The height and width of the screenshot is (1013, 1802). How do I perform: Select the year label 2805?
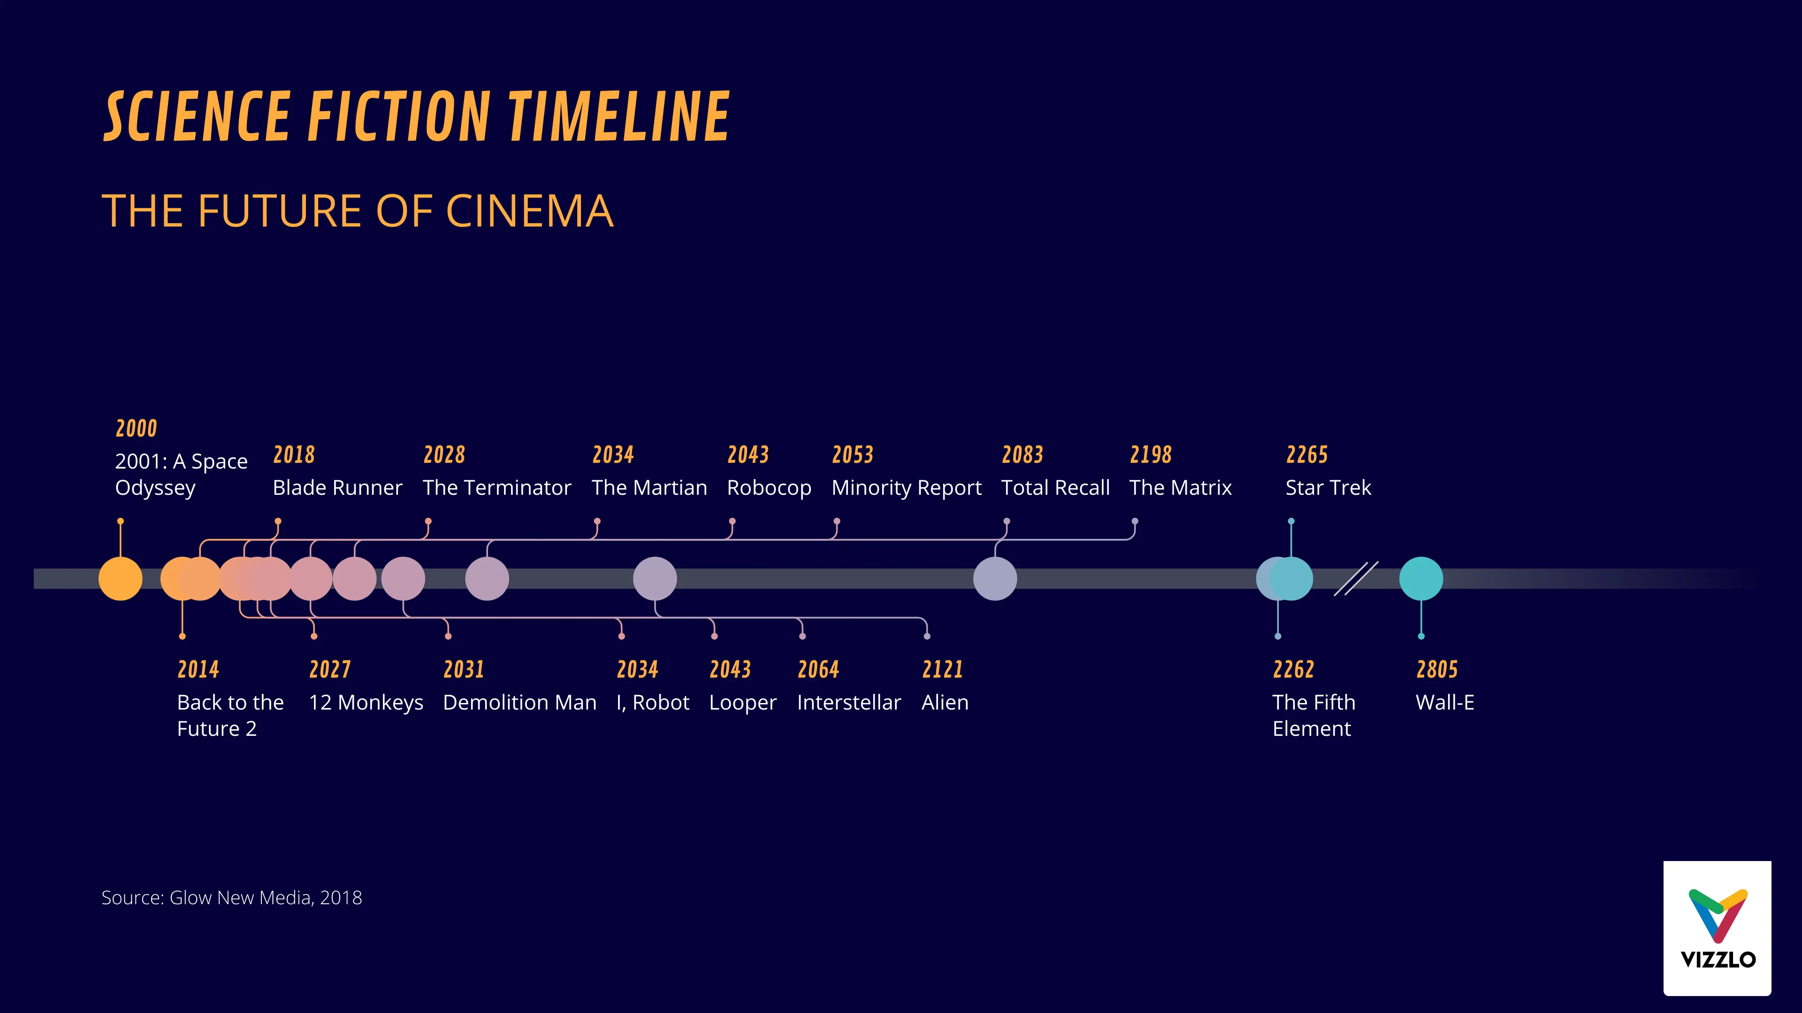pyautogui.click(x=1437, y=670)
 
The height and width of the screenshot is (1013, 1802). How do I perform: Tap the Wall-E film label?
pyautogui.click(x=1444, y=702)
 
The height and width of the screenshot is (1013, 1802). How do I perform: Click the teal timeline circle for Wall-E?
pyautogui.click(x=1421, y=579)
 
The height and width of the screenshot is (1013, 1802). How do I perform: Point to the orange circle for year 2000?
pyautogui.click(x=120, y=579)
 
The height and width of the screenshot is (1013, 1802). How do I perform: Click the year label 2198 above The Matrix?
pyautogui.click(x=1150, y=455)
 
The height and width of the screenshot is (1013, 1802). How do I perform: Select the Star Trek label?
pyautogui.click(x=1328, y=487)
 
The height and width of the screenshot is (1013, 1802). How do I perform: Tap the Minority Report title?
pyautogui.click(x=906, y=487)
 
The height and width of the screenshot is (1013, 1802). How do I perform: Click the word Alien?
pyautogui.click(x=944, y=702)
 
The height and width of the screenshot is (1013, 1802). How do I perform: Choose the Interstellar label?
pyautogui.click(x=848, y=702)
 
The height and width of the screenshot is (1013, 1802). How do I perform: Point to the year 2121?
pyautogui.click(x=942, y=670)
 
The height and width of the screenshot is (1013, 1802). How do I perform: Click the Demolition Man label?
pyautogui.click(x=519, y=702)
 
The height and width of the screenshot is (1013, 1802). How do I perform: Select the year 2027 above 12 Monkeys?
pyautogui.click(x=329, y=670)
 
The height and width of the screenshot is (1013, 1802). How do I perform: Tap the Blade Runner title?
pyautogui.click(x=337, y=487)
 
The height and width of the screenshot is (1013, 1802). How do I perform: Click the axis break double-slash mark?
pyautogui.click(x=1356, y=579)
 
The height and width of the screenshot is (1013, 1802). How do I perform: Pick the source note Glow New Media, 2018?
pyautogui.click(x=231, y=898)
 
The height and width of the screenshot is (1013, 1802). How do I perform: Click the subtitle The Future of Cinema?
pyautogui.click(x=358, y=211)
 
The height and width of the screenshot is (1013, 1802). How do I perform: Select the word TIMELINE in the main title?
pyautogui.click(x=618, y=117)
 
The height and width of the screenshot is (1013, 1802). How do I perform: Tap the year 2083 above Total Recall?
pyautogui.click(x=1022, y=455)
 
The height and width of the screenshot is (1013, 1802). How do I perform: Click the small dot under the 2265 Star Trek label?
pyautogui.click(x=1290, y=522)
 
